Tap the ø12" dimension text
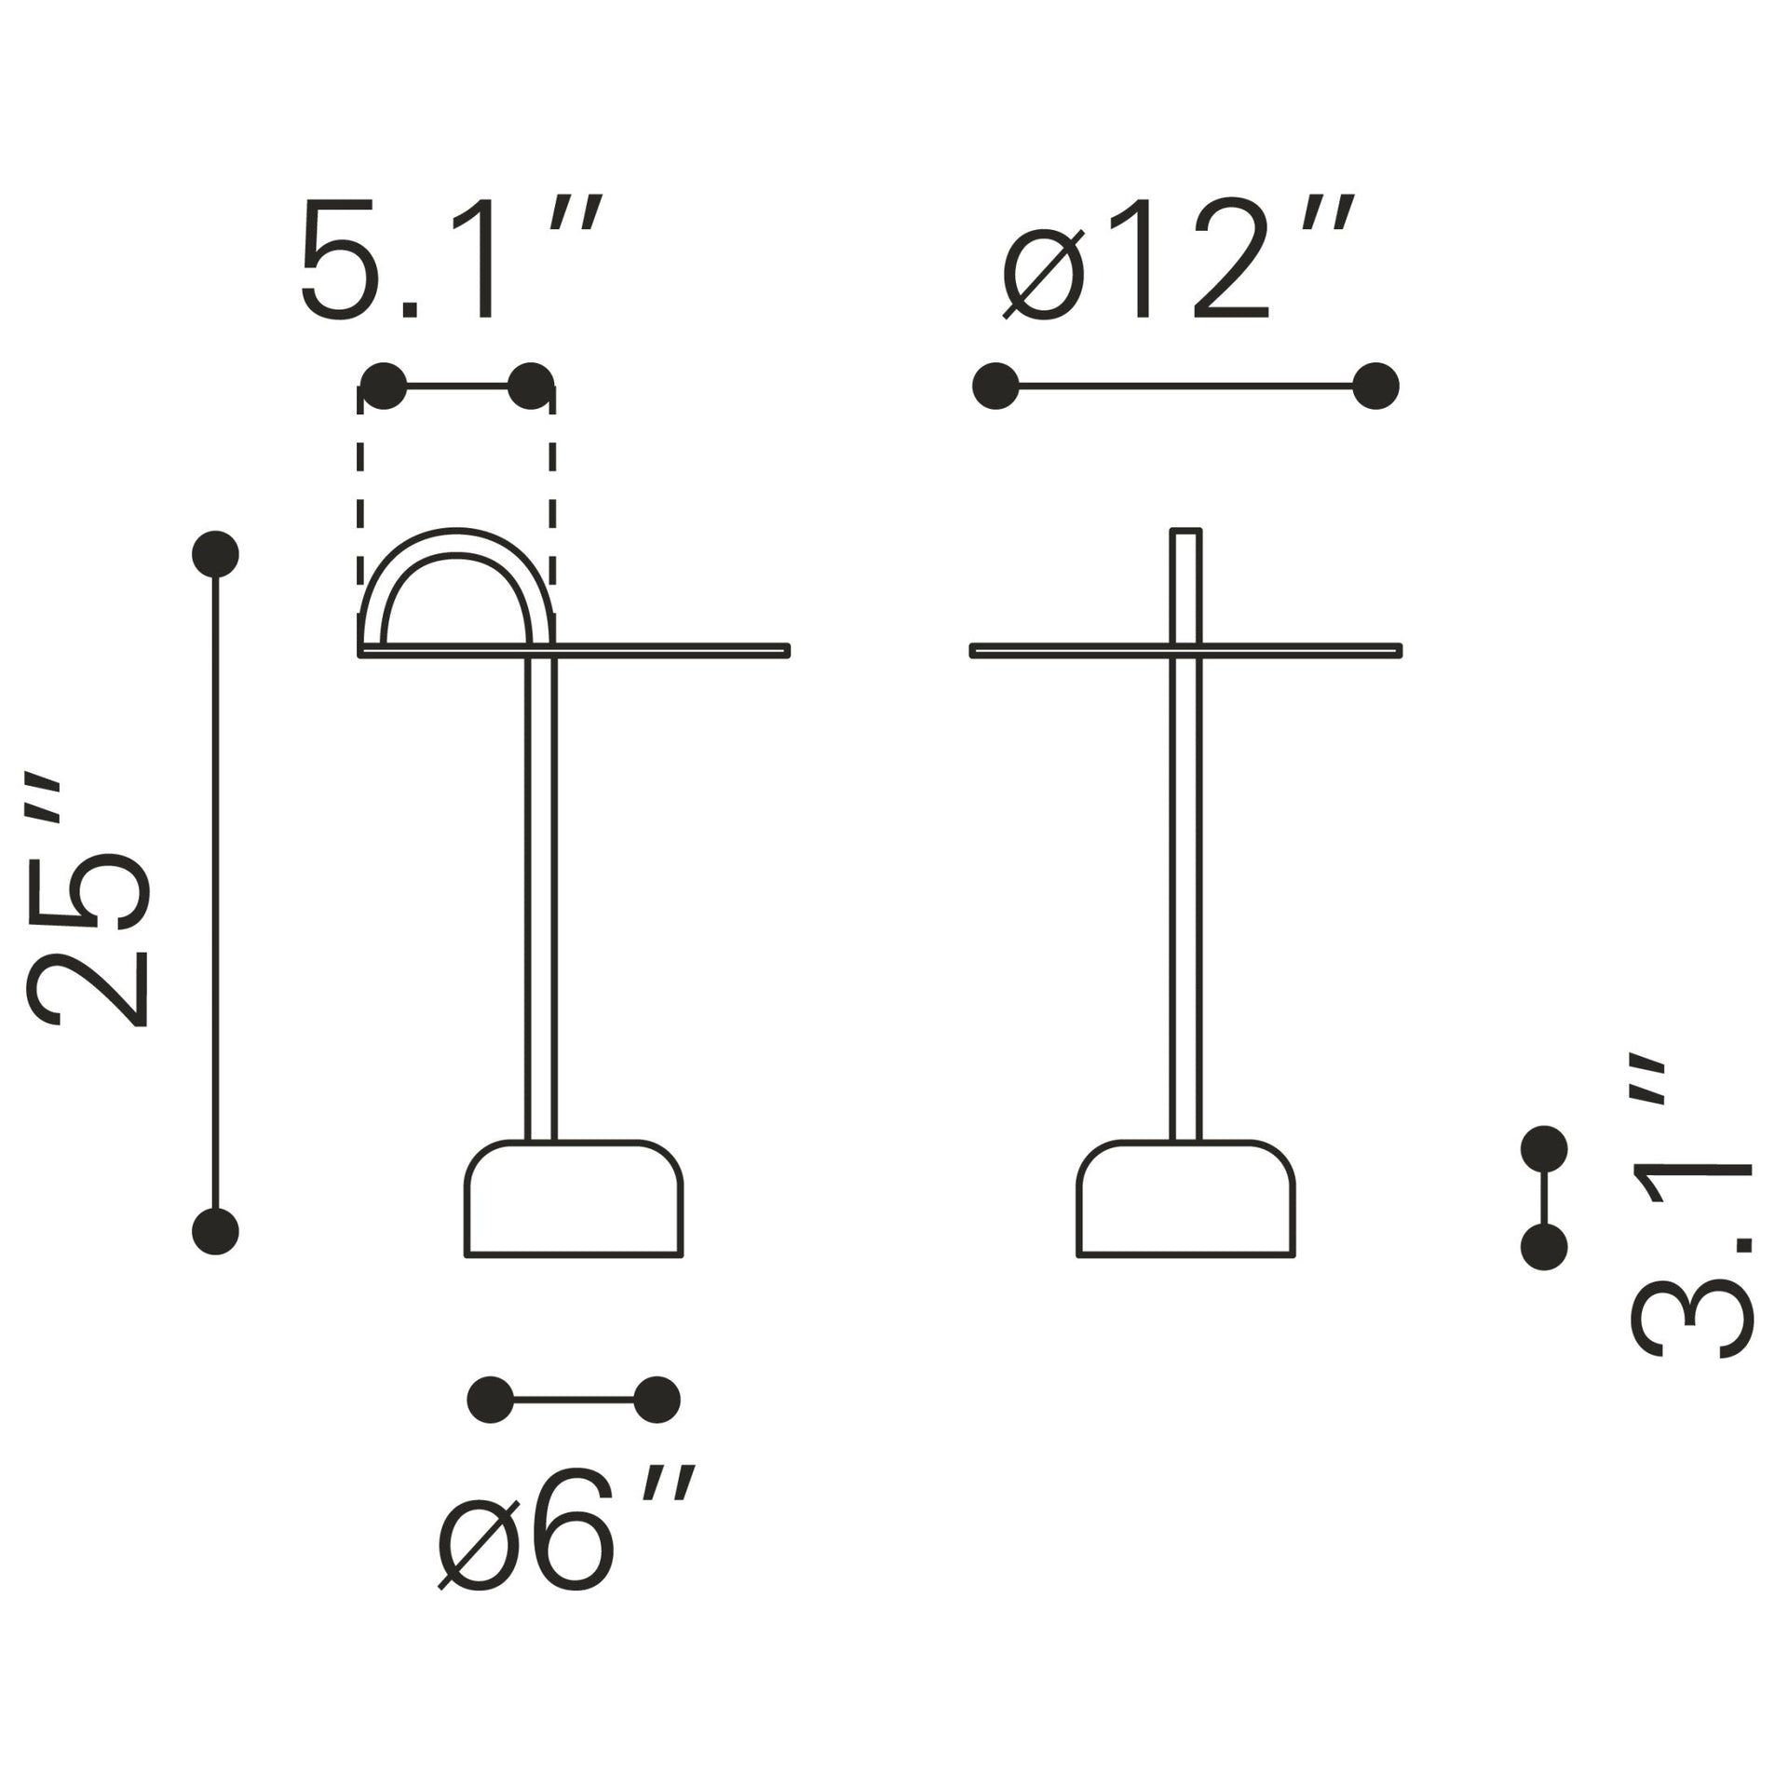1177,259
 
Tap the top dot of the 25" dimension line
215,555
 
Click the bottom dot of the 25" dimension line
215,1231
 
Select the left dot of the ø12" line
996,386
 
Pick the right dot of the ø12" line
1375,386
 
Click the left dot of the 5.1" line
384,386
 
